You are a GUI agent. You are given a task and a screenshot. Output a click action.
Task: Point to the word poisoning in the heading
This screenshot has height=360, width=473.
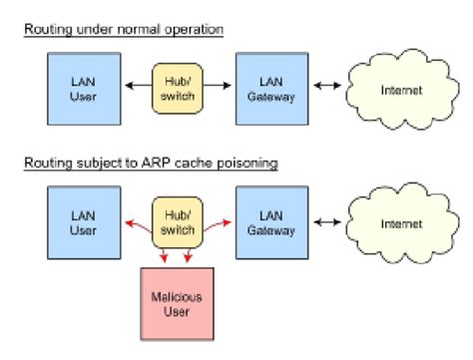244,162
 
